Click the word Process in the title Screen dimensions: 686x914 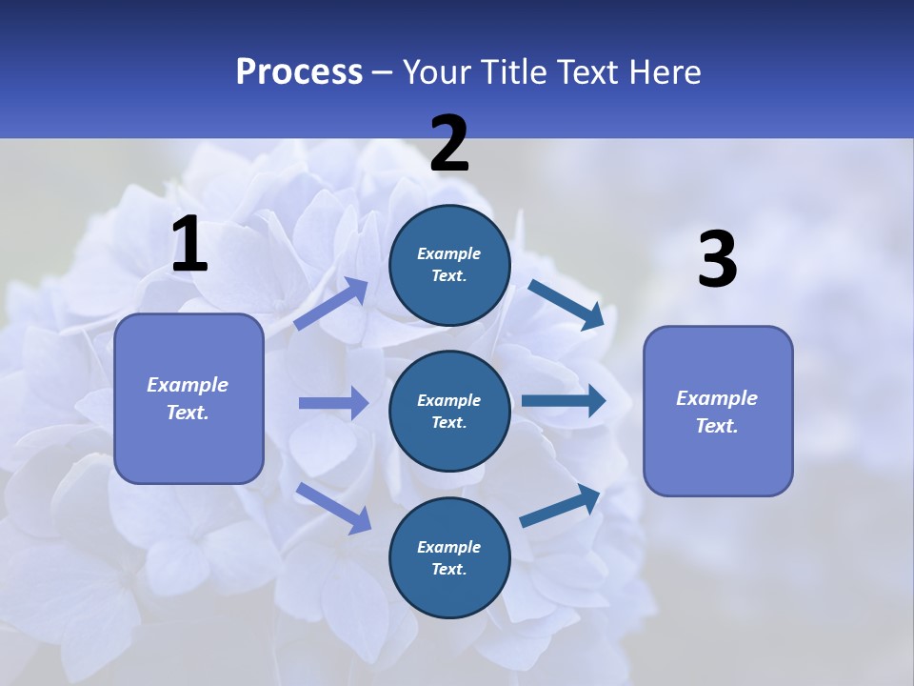coord(299,72)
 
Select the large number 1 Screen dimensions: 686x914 coord(189,245)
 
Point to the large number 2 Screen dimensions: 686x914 coord(449,144)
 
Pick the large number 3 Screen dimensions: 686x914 coord(717,260)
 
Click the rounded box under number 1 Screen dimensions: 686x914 coord(189,398)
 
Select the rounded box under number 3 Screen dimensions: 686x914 coord(718,411)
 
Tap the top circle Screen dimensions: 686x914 coord(449,265)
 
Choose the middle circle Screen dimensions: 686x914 coord(449,411)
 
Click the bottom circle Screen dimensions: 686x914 coord(449,557)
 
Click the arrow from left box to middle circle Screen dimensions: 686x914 coord(333,403)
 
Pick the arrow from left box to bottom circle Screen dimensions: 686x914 coord(333,507)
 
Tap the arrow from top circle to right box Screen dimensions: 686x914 coord(566,304)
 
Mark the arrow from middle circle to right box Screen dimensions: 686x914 coord(563,401)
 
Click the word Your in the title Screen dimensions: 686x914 coord(434,72)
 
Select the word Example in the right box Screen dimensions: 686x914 coord(717,398)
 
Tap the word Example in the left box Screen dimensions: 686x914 coord(188,385)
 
